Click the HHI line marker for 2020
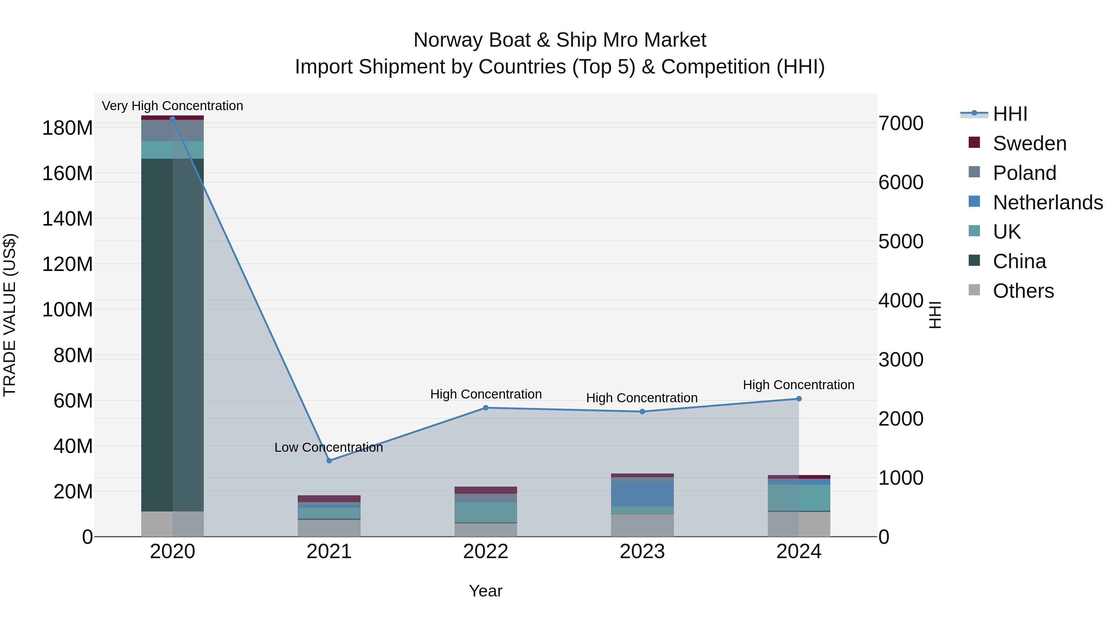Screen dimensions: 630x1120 click(173, 119)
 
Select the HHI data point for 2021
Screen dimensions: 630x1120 click(329, 461)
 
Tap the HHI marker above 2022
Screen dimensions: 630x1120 click(486, 408)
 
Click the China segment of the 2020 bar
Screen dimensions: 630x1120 click(173, 335)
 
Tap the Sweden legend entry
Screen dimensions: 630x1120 click(1029, 143)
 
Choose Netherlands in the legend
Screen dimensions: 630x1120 click(1048, 203)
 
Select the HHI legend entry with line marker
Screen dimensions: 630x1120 click(1010, 114)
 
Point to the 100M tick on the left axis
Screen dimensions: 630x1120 click(68, 310)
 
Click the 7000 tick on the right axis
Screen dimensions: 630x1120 click(901, 124)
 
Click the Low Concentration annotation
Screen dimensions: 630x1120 click(329, 447)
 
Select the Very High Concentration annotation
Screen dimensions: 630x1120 click(173, 106)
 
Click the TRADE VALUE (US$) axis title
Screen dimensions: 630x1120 click(10, 315)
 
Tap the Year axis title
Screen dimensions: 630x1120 click(486, 591)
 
